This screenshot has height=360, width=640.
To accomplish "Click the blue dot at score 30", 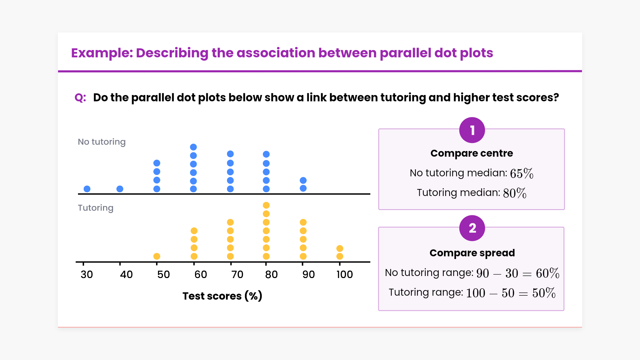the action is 87,189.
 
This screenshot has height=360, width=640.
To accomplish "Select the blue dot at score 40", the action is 120,189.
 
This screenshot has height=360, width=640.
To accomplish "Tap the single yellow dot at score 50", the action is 157,256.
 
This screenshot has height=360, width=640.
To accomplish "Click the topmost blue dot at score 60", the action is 193,147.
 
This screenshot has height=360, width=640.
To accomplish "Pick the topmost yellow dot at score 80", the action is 266,205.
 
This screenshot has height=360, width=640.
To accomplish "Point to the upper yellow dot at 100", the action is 340,248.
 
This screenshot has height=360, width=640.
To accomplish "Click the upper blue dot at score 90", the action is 303,180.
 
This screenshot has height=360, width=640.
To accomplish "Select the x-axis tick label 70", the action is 237,275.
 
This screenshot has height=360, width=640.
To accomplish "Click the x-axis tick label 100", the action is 345,275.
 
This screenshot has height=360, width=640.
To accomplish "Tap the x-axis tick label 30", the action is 87,275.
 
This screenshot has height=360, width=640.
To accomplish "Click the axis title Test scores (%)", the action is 222,296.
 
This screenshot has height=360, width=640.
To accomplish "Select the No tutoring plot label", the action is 102,142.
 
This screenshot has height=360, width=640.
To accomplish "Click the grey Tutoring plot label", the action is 96,208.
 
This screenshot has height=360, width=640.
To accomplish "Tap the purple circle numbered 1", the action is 472,130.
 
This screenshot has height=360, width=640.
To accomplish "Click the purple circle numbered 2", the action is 472,228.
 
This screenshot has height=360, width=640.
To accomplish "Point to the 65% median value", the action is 522,173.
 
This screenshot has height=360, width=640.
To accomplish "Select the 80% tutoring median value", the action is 515,193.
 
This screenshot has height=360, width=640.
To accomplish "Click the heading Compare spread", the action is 472,253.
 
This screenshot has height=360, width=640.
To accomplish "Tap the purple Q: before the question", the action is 80,98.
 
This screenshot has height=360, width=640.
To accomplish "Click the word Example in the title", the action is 102,53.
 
